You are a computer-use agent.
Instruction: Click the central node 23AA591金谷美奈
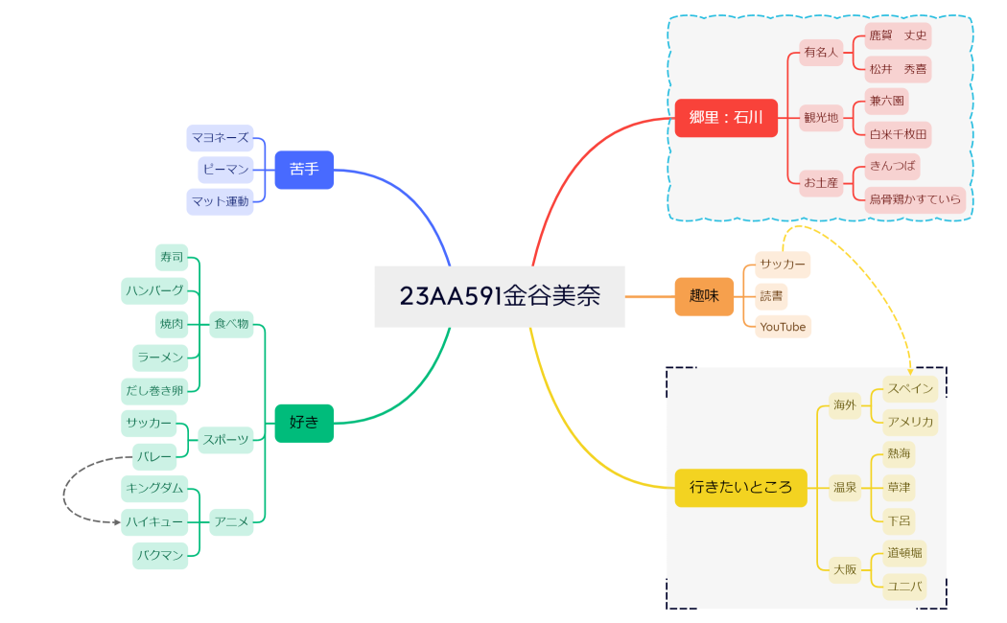tap(500, 296)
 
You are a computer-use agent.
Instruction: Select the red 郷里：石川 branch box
tap(726, 118)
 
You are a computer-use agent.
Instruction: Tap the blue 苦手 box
tap(304, 170)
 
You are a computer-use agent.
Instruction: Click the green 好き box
tap(304, 423)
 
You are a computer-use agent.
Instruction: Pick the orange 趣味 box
tap(704, 296)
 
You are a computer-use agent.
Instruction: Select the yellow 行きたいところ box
tap(740, 487)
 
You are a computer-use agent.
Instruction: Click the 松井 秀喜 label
tap(898, 69)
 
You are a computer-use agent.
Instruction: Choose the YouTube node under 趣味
tap(783, 327)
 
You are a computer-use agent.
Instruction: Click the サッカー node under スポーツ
tap(148, 423)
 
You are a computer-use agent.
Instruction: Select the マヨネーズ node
tap(220, 138)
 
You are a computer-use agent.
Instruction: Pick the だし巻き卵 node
tap(153, 391)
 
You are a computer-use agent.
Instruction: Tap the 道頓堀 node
tap(904, 552)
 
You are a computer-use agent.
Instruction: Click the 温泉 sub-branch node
tap(845, 487)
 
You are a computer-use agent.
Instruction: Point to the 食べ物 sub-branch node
tap(231, 324)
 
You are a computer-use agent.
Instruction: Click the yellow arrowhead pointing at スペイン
tap(909, 370)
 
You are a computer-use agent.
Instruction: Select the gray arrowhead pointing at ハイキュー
tap(116, 522)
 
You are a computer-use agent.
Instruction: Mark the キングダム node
tap(153, 488)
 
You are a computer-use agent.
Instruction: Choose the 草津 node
tap(899, 487)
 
